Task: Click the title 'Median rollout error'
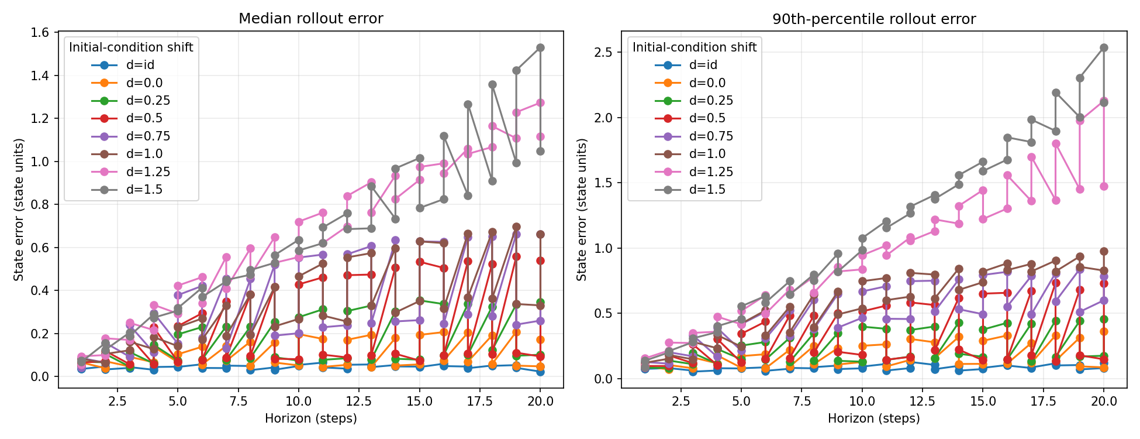tap(310, 19)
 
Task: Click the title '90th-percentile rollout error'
tap(874, 19)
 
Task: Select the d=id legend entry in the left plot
tap(123, 65)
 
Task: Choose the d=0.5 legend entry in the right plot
tap(690, 118)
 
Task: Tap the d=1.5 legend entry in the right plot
tap(690, 190)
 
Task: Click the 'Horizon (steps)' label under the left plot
tap(310, 419)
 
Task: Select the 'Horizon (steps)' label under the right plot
tap(874, 419)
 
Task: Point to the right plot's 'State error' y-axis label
tap(582, 210)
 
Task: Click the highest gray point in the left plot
tap(540, 48)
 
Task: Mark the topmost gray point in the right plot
tap(1104, 48)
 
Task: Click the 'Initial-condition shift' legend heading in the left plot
tap(131, 47)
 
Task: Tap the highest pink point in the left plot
tap(540, 102)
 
